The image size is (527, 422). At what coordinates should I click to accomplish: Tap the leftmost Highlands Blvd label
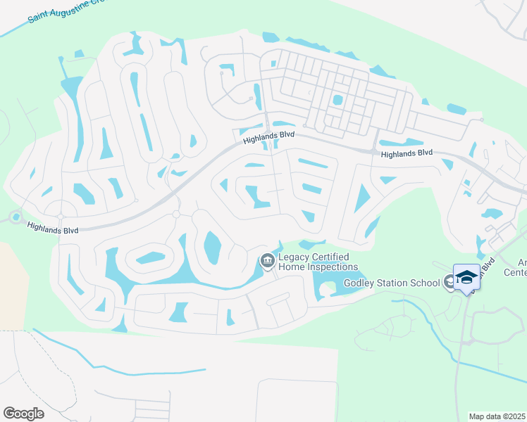52,227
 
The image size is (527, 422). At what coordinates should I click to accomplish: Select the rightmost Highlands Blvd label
406,153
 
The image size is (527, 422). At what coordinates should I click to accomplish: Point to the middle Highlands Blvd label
268,136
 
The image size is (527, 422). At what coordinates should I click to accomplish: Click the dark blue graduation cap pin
466,277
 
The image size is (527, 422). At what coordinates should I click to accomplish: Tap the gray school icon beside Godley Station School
448,283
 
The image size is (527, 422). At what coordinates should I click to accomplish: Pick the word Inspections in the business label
333,267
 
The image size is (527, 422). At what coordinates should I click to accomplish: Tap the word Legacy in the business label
295,257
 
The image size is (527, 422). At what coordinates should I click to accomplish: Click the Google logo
23,414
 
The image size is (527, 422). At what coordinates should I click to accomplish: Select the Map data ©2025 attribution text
497,416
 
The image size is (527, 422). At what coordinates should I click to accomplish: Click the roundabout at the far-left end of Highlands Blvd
15,217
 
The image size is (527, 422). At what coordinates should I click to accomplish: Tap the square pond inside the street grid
337,100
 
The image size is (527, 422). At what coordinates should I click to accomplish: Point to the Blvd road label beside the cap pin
490,264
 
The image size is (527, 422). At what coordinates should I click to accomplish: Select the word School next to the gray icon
427,283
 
